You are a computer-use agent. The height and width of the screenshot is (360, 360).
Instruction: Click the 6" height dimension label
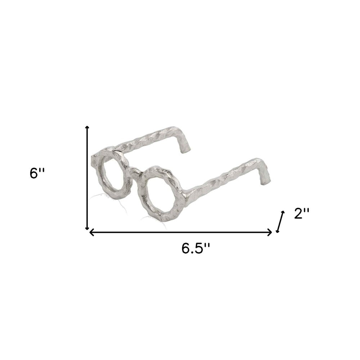coord(37,173)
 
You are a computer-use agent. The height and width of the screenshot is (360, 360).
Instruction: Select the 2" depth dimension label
coord(302,214)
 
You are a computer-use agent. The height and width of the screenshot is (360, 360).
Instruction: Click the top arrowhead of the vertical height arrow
coord(87,128)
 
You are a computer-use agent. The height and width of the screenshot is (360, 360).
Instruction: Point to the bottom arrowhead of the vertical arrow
coord(87,228)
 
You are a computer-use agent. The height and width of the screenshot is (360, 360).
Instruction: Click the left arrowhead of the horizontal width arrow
coord(91,232)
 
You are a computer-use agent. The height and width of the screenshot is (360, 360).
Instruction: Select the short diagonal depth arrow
coord(280,221)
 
